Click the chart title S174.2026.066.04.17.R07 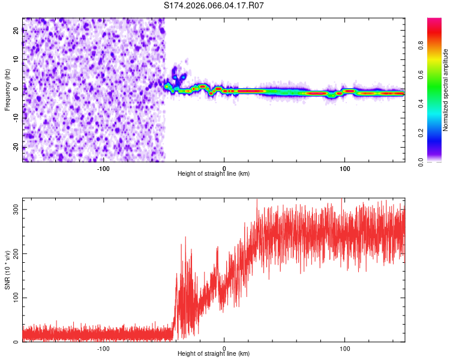click(x=214, y=5)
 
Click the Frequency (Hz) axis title click(x=7, y=89)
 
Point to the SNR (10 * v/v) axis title click(x=7, y=269)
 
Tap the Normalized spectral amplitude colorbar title click(x=445, y=90)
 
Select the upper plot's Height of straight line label click(x=214, y=173)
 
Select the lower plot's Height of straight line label click(x=214, y=353)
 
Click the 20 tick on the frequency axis click(x=16, y=32)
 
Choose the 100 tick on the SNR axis click(x=14, y=298)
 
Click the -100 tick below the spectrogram click(x=103, y=168)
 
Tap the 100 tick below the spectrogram click(x=345, y=168)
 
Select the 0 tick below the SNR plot click(x=224, y=348)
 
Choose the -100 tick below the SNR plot click(x=103, y=348)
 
